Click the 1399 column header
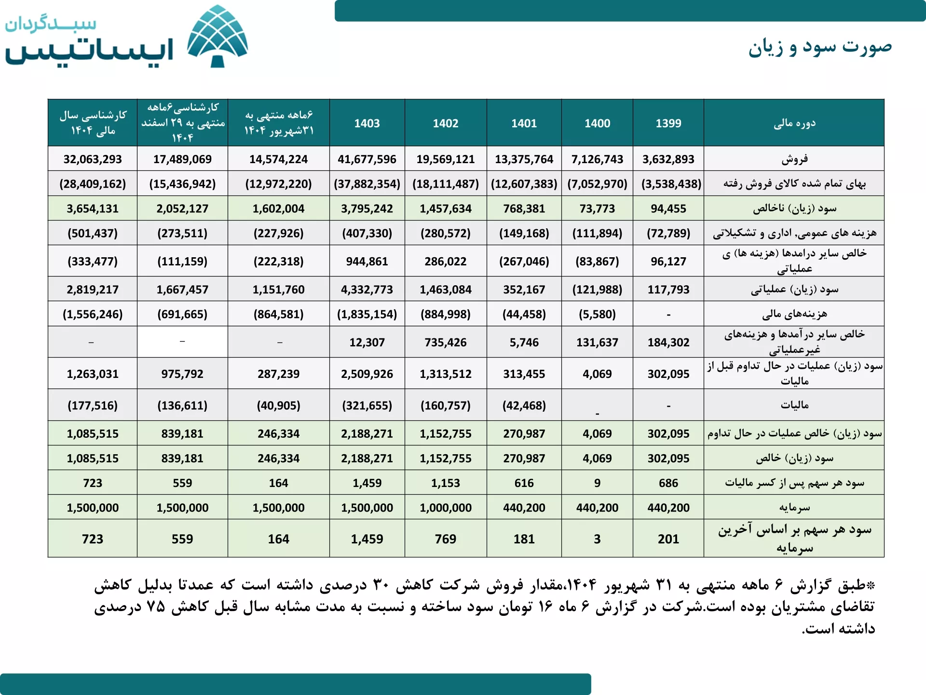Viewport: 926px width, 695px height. pyautogui.click(x=668, y=124)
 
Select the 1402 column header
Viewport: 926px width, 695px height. pyautogui.click(x=445, y=124)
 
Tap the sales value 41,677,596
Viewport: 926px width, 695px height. pyautogui.click(x=367, y=159)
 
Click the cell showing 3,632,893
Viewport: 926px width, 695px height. pyautogui.click(x=668, y=159)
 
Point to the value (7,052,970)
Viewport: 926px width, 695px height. pyautogui.click(x=597, y=184)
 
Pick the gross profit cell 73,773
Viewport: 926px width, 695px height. pyautogui.click(x=597, y=208)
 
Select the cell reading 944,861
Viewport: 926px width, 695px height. pyautogui.click(x=367, y=261)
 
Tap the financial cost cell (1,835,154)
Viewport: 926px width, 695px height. pyautogui.click(x=367, y=314)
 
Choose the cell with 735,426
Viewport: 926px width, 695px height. pyautogui.click(x=445, y=342)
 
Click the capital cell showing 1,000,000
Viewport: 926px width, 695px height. pyautogui.click(x=445, y=508)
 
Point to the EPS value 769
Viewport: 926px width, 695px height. pyautogui.click(x=445, y=539)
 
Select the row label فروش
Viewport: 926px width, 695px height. pyautogui.click(x=794, y=159)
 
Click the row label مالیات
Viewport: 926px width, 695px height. pyautogui.click(x=794, y=405)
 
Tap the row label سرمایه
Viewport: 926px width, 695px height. pyautogui.click(x=794, y=508)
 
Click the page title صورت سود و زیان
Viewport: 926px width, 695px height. pyautogui.click(x=820, y=47)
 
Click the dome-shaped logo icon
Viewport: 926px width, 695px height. pyautogui.click(x=218, y=36)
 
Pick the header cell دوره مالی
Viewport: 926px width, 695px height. pyautogui.click(x=794, y=123)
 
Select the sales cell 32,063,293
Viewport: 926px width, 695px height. pyautogui.click(x=93, y=159)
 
